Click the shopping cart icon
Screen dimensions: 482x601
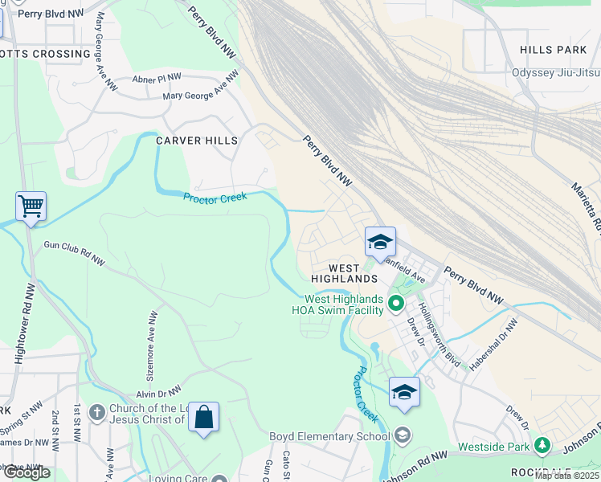[31, 206]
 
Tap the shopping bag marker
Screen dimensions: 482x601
[203, 418]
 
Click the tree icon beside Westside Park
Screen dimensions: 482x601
[542, 445]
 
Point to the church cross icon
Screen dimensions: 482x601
[96, 412]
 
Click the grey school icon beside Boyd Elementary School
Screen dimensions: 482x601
[403, 436]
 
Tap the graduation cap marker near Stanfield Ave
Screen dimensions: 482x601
[380, 242]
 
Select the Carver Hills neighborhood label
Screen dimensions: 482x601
[197, 141]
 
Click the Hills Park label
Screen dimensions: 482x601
[554, 50]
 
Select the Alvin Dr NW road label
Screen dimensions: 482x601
[156, 394]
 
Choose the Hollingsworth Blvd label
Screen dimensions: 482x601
[438, 342]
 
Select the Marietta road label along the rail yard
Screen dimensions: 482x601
[587, 201]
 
